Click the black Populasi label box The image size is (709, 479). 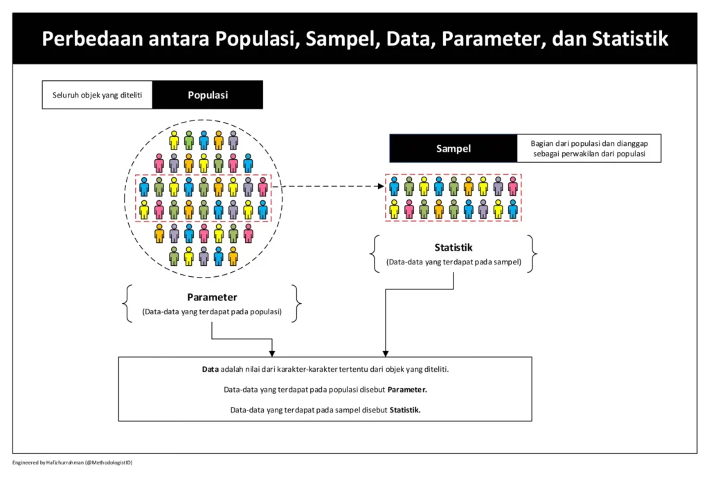pyautogui.click(x=208, y=95)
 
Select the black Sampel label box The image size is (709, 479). pyautogui.click(x=454, y=148)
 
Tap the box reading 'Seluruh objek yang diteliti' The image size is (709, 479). pyautogui.click(x=98, y=95)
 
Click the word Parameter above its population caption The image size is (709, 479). pyautogui.click(x=212, y=298)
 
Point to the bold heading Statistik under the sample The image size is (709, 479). pyautogui.click(x=454, y=247)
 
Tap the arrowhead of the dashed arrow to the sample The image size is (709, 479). pyautogui.click(x=381, y=186)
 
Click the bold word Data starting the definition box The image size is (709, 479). pyautogui.click(x=210, y=370)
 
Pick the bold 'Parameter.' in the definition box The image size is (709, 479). pyautogui.click(x=407, y=390)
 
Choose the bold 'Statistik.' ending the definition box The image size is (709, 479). pyautogui.click(x=405, y=410)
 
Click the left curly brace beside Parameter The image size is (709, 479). pyautogui.click(x=128, y=304)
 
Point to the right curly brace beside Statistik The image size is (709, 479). pyautogui.click(x=532, y=253)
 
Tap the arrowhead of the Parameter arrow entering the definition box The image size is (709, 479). pyautogui.click(x=273, y=352)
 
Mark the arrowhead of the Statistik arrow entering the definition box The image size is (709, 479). pyautogui.click(x=385, y=352)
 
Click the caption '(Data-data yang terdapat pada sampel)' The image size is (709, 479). pyautogui.click(x=454, y=262)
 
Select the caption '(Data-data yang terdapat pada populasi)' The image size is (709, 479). pyautogui.click(x=212, y=312)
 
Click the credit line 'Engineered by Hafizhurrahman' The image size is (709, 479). pyautogui.click(x=73, y=462)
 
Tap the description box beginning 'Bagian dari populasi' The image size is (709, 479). pyautogui.click(x=589, y=148)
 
